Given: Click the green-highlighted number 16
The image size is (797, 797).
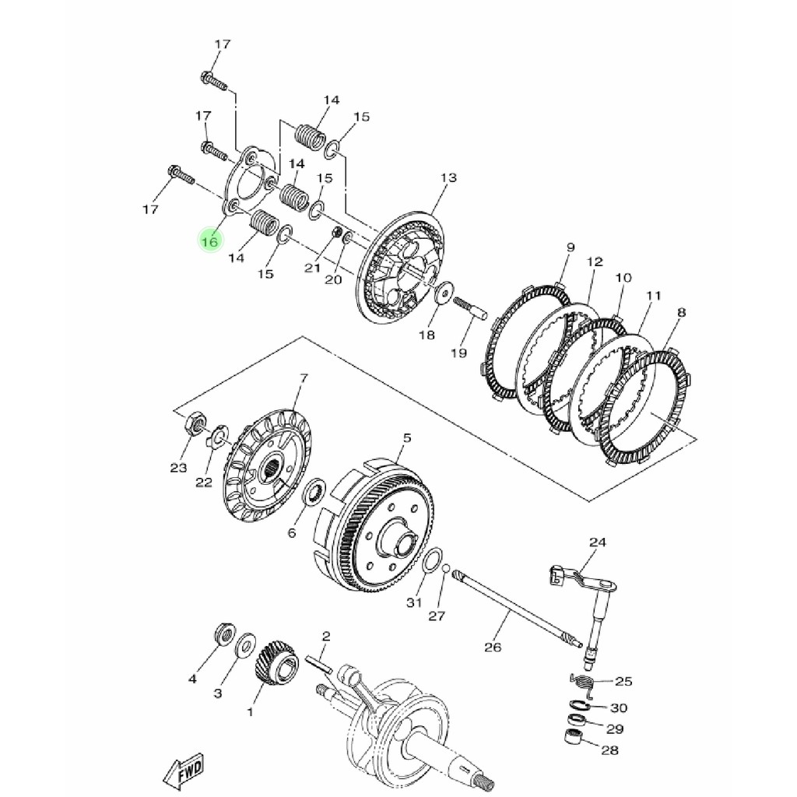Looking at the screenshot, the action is click(x=209, y=241).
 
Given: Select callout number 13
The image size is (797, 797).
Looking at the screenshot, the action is click(x=448, y=177).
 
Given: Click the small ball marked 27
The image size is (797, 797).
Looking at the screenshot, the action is click(x=445, y=567).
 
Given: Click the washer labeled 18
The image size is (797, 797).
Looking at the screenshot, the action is click(x=444, y=293).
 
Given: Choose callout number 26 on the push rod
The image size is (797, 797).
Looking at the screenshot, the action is click(x=493, y=647).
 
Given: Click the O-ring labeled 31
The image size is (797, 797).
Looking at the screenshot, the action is click(x=431, y=561).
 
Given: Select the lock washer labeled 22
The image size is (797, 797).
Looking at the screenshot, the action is click(x=219, y=434).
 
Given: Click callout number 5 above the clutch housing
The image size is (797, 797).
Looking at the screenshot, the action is click(x=407, y=437).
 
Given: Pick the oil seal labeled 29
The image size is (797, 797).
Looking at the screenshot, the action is click(x=576, y=720).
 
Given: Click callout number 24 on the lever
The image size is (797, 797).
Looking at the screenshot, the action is click(x=598, y=542).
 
